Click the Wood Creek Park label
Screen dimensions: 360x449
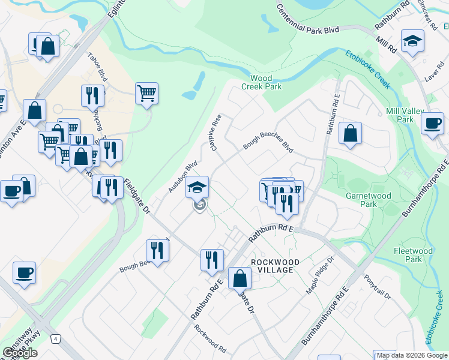(261, 82)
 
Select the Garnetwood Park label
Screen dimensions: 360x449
(368, 200)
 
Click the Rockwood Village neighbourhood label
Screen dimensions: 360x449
(273, 266)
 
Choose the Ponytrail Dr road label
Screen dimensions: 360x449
(378, 288)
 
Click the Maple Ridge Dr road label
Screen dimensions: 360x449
(320, 274)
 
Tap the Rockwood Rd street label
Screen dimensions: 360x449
(210, 340)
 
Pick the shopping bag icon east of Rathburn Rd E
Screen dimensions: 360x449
(350, 133)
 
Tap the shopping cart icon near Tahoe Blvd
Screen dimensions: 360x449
(146, 93)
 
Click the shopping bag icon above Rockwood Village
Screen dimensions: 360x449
(240, 278)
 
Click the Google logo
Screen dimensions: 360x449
(20, 353)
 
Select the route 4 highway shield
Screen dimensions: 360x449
(55, 339)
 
